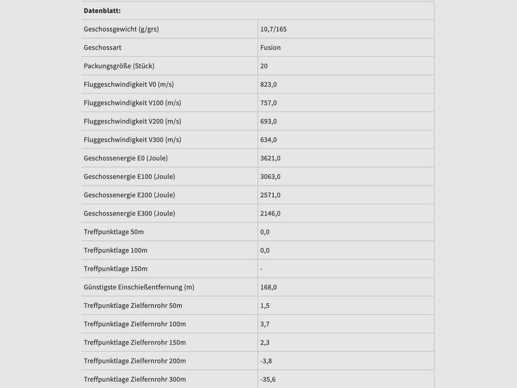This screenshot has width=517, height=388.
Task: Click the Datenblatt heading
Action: tap(102, 11)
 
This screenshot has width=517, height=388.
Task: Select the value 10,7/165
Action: tap(273, 29)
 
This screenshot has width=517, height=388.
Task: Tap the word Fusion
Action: tap(270, 48)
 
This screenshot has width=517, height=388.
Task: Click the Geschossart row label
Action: tap(102, 48)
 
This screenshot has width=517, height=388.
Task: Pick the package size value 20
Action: tap(264, 66)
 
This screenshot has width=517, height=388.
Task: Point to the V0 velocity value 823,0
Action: tap(269, 84)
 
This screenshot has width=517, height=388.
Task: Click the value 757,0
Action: tap(269, 103)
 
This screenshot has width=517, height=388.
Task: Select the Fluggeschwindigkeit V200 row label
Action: tap(132, 121)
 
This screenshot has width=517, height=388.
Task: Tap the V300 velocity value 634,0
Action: tap(269, 140)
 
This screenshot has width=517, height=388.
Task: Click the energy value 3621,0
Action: tap(270, 158)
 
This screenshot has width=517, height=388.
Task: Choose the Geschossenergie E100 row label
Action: tap(129, 177)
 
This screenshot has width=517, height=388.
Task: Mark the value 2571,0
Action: tap(270, 195)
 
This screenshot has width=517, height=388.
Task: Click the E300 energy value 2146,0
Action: tap(270, 213)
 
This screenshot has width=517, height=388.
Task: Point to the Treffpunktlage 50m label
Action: tap(114, 232)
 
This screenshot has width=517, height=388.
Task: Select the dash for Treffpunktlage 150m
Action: tap(261, 269)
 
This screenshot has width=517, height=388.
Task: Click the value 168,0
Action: tap(269, 287)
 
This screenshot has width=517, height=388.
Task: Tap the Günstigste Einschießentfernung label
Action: tap(139, 287)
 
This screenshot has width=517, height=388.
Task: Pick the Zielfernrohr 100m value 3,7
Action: tap(265, 324)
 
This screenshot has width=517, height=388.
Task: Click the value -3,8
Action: tap(266, 361)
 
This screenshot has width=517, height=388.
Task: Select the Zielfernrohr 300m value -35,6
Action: tap(268, 379)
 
